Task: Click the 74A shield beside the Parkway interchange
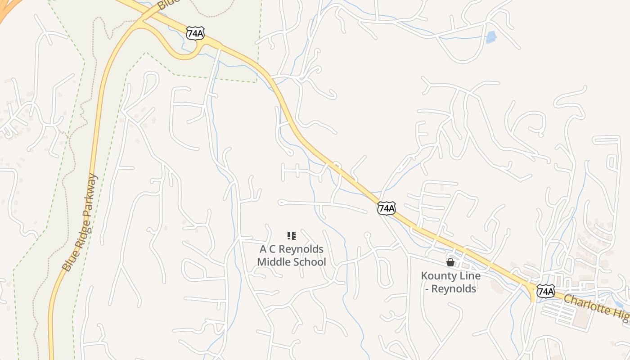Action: [x=195, y=33]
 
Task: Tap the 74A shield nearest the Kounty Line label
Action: [x=387, y=208]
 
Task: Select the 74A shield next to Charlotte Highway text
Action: [x=545, y=291]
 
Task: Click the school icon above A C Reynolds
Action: [x=291, y=235]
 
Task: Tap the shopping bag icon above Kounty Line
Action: [x=450, y=262]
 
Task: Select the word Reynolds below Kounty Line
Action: [x=454, y=288]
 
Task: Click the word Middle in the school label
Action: [x=273, y=262]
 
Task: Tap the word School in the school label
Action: [x=309, y=262]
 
